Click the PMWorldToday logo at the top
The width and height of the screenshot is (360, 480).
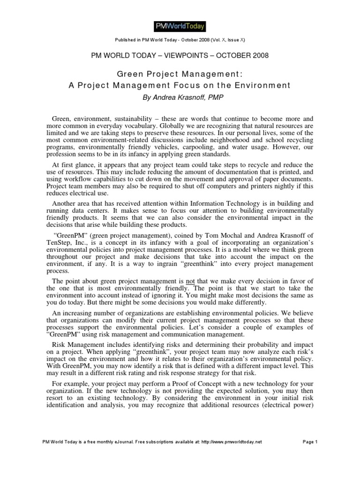[180, 26]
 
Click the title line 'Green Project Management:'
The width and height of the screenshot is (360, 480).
[180, 75]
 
